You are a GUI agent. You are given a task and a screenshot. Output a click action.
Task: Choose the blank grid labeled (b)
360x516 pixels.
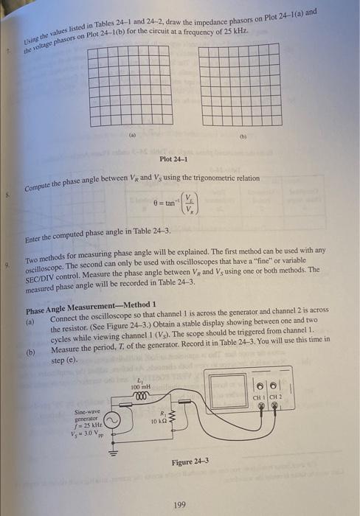click(x=238, y=86)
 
